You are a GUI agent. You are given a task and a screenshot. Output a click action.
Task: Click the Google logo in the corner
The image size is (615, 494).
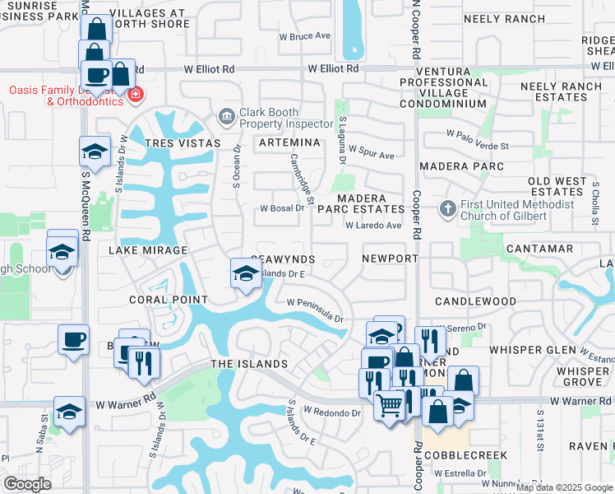pyautogui.click(x=27, y=484)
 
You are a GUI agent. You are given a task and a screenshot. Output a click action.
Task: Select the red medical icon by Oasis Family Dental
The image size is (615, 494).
pyautogui.click(x=136, y=96)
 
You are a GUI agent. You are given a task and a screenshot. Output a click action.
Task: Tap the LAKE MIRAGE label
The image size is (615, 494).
pyautogui.click(x=149, y=249)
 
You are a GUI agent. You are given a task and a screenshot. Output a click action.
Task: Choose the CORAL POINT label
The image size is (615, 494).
pyautogui.click(x=169, y=300)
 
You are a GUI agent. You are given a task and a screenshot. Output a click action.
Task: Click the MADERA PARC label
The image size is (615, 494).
pyautogui.click(x=460, y=165)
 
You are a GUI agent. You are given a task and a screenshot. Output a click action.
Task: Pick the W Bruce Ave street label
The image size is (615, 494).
pyautogui.click(x=304, y=36)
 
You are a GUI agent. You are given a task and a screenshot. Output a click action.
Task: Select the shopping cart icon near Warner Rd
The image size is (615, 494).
pyautogui.click(x=389, y=403)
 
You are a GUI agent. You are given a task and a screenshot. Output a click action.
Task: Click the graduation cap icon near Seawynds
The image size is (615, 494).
pyautogui.click(x=245, y=273)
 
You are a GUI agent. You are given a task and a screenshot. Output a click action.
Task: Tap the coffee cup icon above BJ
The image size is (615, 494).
pyautogui.click(x=73, y=339)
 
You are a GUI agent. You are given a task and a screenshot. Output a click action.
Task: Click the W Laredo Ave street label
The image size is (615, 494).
pyautogui.click(x=372, y=225)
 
